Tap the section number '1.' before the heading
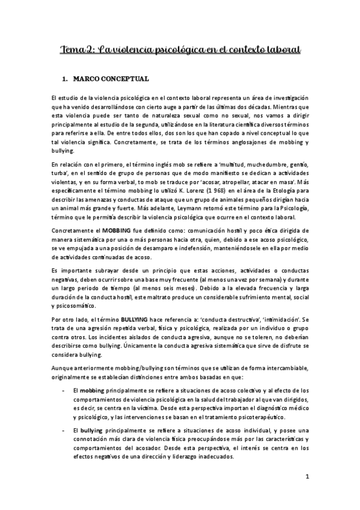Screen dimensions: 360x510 click(66, 79)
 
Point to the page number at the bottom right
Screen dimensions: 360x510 click(307, 478)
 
